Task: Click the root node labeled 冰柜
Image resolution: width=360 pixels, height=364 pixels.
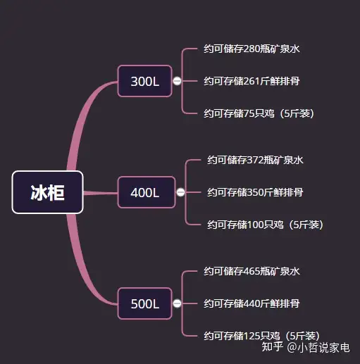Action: click(48, 192)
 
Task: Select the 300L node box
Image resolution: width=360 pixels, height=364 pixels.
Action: click(145, 81)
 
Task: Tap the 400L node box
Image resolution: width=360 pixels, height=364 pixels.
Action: click(147, 192)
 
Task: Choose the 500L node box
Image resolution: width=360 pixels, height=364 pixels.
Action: click(145, 303)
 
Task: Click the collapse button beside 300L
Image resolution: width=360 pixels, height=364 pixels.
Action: click(177, 81)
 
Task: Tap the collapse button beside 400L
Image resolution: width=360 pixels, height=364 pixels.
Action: click(180, 192)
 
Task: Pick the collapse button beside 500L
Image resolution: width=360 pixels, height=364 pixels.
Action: click(177, 303)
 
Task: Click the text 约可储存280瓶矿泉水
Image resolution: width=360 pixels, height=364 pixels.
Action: click(252, 49)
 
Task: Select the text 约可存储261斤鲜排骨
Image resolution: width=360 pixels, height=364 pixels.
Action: click(252, 81)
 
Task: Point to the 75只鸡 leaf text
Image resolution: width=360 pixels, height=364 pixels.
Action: click(259, 113)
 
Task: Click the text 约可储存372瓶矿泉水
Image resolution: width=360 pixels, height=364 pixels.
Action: click(255, 160)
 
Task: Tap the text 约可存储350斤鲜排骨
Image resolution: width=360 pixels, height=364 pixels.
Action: click(255, 192)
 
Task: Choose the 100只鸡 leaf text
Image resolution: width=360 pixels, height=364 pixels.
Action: click(265, 225)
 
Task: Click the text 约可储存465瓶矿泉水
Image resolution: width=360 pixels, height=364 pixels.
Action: click(252, 271)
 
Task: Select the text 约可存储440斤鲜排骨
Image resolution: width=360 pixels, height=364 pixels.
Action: click(252, 303)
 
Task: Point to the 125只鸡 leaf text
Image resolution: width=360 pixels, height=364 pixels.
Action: click(261, 336)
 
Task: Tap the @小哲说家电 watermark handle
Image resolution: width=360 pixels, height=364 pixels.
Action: click(318, 348)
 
